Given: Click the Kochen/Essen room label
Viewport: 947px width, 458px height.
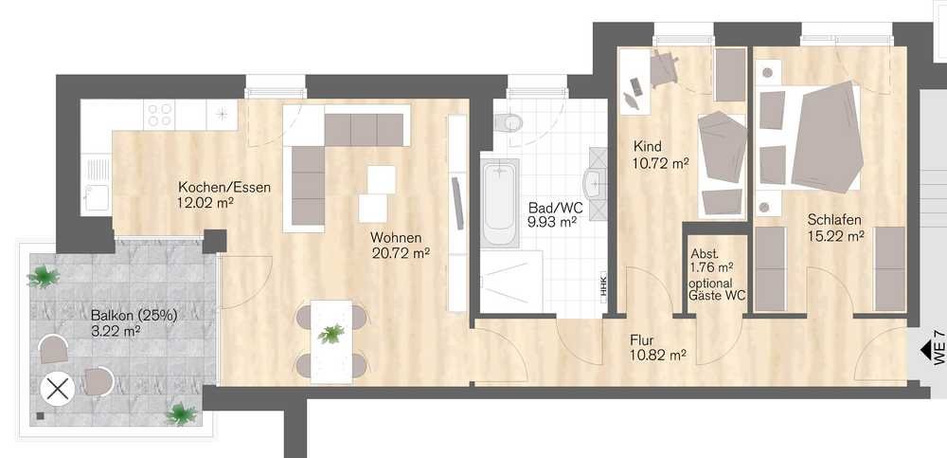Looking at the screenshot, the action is [x=224, y=187].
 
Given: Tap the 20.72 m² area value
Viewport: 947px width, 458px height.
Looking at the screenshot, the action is [x=401, y=252].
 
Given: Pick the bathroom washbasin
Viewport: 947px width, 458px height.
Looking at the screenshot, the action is [x=595, y=180].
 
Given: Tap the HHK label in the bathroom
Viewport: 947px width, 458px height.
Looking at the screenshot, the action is [x=602, y=286].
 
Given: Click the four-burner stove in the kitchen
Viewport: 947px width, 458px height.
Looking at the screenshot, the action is [x=160, y=115].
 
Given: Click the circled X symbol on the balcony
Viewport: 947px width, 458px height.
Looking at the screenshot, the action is [x=58, y=389].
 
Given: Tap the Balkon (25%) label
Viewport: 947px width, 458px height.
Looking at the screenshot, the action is [x=134, y=316].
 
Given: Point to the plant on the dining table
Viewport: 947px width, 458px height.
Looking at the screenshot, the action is [x=331, y=334].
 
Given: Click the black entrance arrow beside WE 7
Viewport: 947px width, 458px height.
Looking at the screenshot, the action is [x=924, y=349].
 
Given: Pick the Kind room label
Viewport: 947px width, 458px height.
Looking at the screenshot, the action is [x=648, y=146].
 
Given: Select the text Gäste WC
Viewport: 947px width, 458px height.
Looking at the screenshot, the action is [x=718, y=296].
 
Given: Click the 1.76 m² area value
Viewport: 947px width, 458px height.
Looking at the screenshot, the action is [x=712, y=266].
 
